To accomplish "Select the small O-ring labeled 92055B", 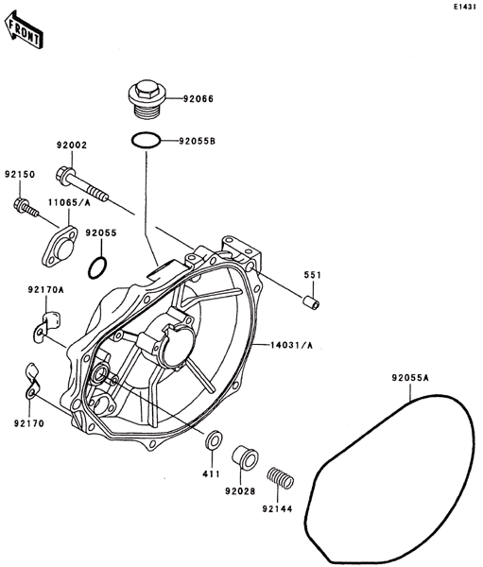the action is (146, 140).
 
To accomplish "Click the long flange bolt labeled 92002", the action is (82, 185).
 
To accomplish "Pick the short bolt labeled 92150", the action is (26, 208).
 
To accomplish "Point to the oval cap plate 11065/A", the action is (60, 246).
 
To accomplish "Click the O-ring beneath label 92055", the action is (97, 268).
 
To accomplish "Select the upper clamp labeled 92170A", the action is (45, 326).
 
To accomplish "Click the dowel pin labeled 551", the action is (311, 302).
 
